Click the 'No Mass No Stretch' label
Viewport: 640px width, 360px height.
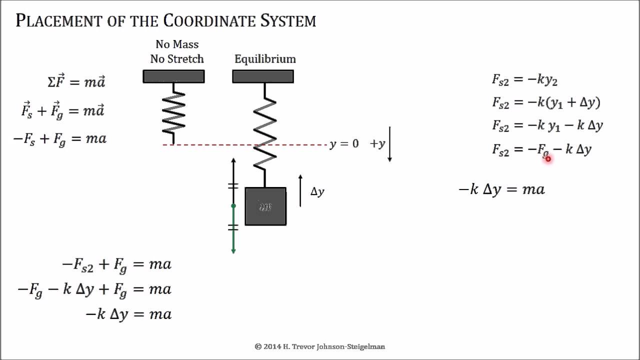point(177,51)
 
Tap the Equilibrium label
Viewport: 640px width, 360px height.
point(265,59)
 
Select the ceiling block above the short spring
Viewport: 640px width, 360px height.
point(173,76)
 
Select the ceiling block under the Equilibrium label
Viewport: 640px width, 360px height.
point(263,76)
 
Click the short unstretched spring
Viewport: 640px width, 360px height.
point(173,113)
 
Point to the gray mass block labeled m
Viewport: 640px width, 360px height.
point(265,206)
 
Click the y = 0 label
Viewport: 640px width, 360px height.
point(344,144)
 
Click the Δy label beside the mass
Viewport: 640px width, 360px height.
point(317,191)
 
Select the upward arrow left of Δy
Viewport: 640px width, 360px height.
point(300,190)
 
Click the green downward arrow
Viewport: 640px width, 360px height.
point(233,230)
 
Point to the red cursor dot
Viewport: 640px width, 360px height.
point(548,159)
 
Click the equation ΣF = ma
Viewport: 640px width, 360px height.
point(76,82)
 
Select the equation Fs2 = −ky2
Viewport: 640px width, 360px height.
point(524,79)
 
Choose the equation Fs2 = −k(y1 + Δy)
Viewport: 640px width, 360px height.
point(546,102)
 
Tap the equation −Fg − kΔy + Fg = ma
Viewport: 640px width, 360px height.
point(94,289)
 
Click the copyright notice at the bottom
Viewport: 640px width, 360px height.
point(320,346)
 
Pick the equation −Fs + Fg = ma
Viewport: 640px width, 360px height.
point(60,139)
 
